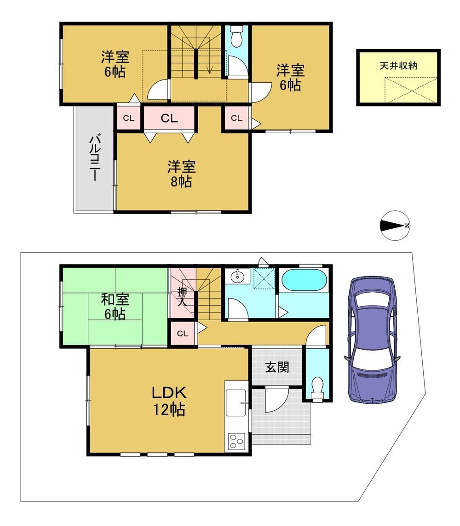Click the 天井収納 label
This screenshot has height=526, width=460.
(398, 66)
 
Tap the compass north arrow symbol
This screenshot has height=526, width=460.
(395, 226)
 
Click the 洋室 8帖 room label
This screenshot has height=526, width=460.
(181, 174)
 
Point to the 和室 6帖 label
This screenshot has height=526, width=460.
(115, 306)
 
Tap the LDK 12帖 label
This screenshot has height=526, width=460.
(169, 401)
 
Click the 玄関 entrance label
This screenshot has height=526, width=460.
(277, 367)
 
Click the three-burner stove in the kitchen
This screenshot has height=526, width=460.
(236, 442)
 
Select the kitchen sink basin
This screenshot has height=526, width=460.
(236, 402)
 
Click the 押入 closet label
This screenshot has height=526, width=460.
(182, 297)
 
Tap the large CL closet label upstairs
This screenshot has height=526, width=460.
(169, 118)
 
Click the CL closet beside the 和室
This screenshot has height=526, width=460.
(183, 334)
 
